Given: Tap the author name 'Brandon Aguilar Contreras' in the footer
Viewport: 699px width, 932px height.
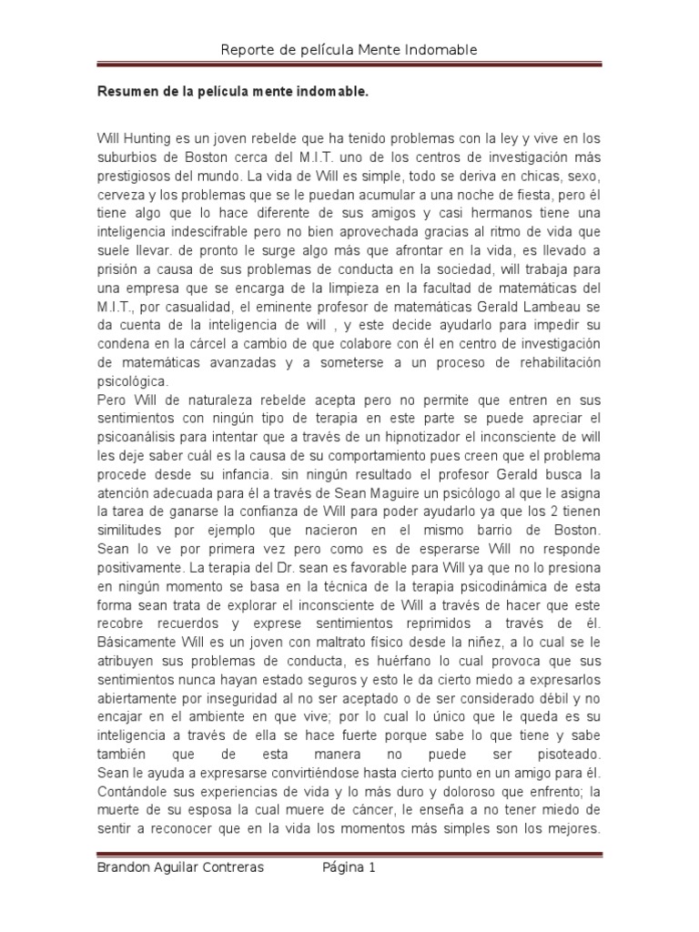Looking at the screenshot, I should tap(180, 867).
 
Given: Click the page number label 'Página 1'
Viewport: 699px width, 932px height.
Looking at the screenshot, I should tap(349, 867).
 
